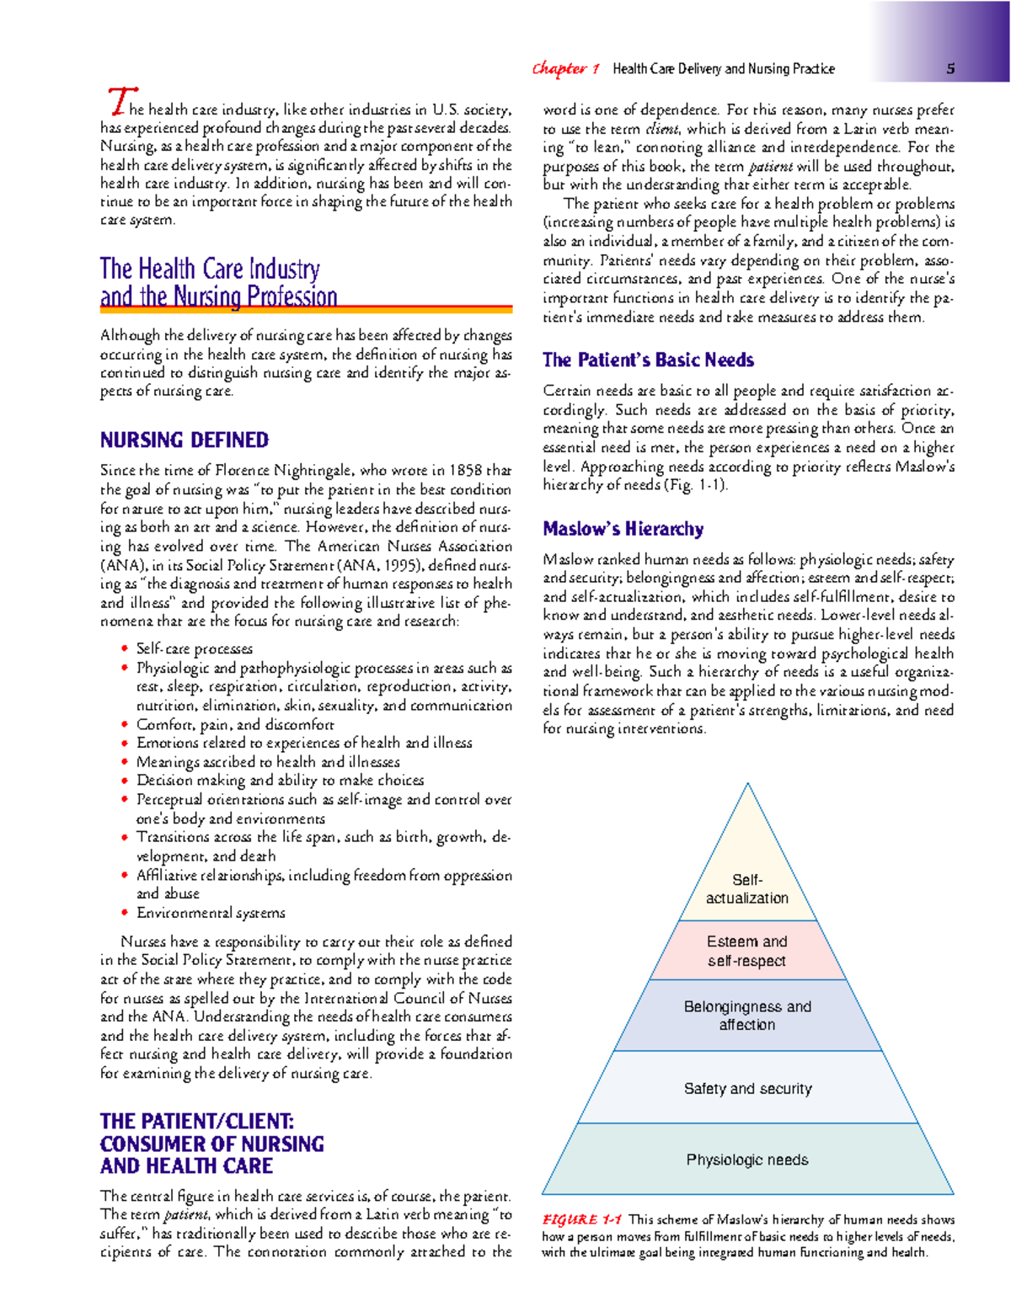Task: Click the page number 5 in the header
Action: click(950, 69)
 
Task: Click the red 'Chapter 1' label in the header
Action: click(565, 69)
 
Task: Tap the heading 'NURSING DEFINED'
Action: click(184, 440)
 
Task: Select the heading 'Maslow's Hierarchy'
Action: click(623, 529)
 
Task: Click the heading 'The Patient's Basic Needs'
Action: click(648, 360)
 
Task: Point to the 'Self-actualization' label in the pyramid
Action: click(746, 889)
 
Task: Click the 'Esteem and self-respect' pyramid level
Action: click(746, 951)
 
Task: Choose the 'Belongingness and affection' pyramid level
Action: click(746, 1015)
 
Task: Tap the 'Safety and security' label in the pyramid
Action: click(747, 1089)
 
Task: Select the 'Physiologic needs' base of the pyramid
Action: click(746, 1160)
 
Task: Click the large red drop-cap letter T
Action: click(120, 101)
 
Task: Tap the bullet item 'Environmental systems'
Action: click(211, 913)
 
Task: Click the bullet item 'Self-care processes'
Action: click(194, 648)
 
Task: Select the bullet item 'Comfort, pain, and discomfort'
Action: click(235, 724)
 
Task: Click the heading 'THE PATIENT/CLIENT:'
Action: click(196, 1121)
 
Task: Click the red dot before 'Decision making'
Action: click(125, 780)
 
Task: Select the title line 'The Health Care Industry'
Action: click(210, 269)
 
